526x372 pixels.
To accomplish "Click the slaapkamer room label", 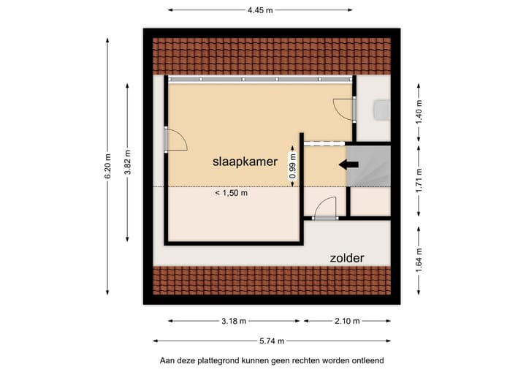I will pyautogui.click(x=245, y=162).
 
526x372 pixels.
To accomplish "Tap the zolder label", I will pyautogui.click(x=346, y=257).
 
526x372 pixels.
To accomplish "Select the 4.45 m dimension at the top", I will pyautogui.click(x=259, y=10).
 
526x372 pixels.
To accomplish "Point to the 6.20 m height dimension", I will pyautogui.click(x=107, y=167).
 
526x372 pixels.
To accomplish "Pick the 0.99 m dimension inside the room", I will pyautogui.click(x=293, y=166).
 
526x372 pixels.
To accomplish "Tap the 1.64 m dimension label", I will pyautogui.click(x=419, y=259).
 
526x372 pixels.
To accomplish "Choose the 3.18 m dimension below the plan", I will pyautogui.click(x=234, y=321).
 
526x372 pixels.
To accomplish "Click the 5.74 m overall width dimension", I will pyautogui.click(x=272, y=341).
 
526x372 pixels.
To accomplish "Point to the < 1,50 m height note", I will pyautogui.click(x=231, y=193).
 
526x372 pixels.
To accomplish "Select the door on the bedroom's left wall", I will pyautogui.click(x=175, y=139).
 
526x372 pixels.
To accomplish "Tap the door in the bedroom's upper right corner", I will pyautogui.click(x=343, y=108).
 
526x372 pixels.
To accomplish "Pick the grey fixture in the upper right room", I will pyautogui.click(x=381, y=110).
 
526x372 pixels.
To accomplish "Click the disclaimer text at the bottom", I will pyautogui.click(x=272, y=360).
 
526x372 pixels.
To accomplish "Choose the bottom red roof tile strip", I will pyautogui.click(x=272, y=280).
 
